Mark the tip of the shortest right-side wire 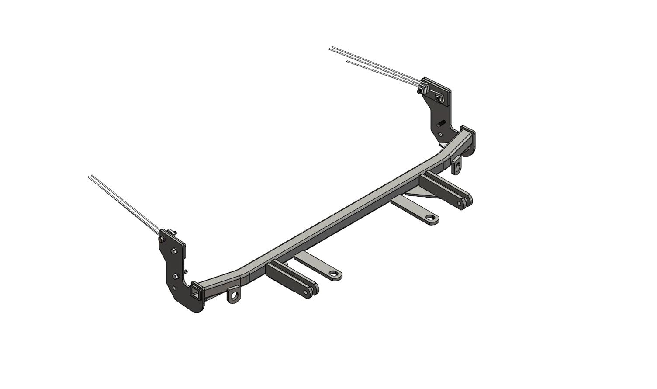[x=347, y=61]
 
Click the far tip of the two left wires [x=90, y=177]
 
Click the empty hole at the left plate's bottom [x=175, y=288]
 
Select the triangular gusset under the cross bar [x=415, y=194]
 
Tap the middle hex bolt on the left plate [x=174, y=251]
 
